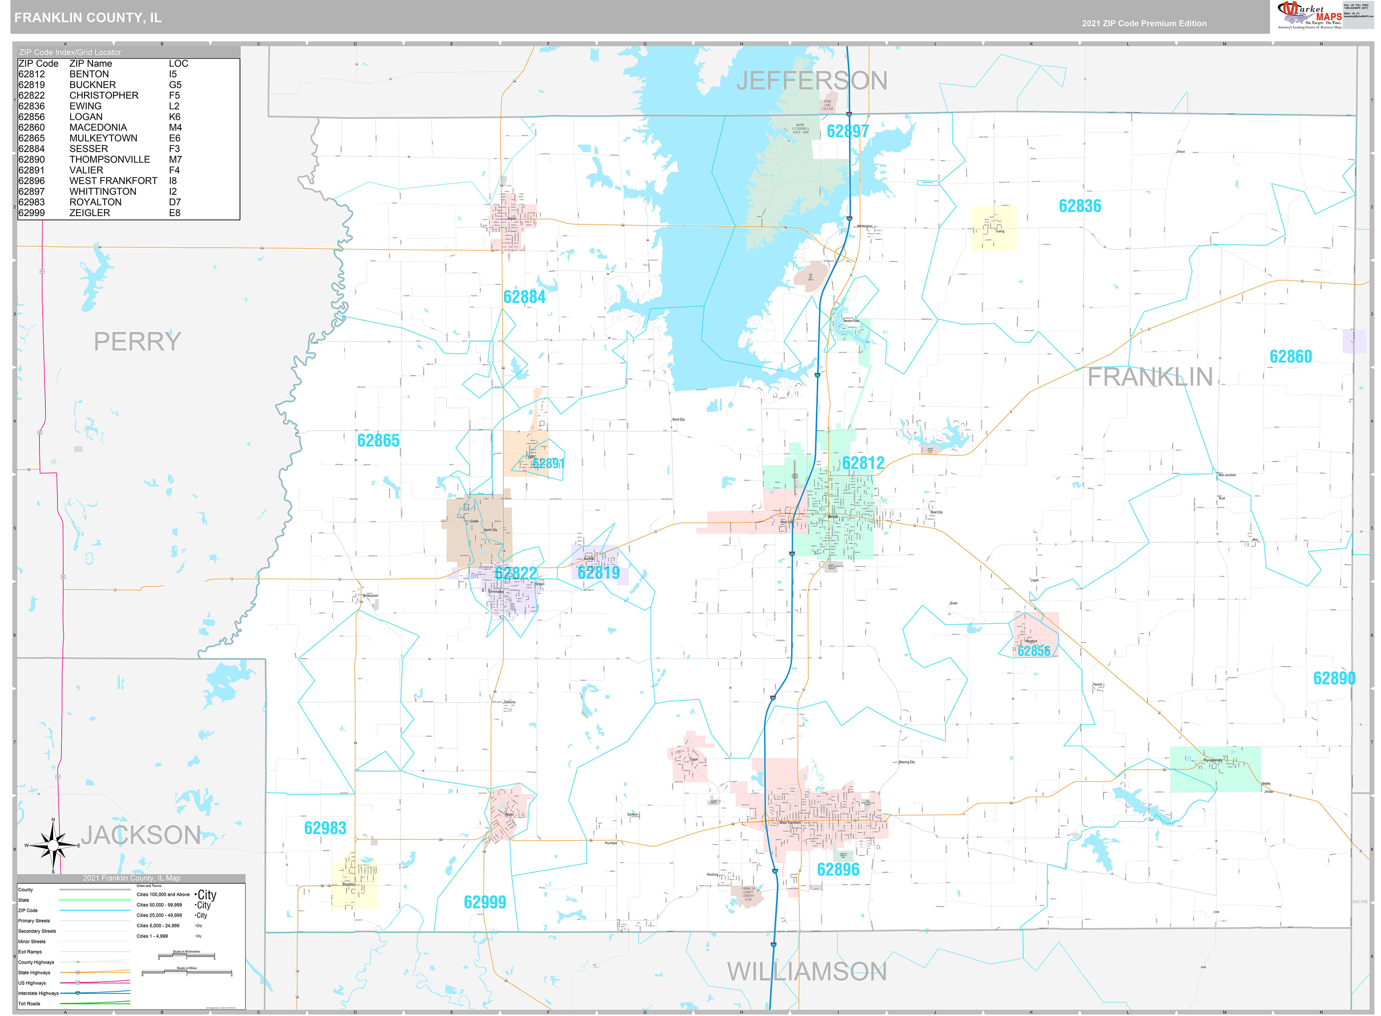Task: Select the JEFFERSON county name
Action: pos(811,80)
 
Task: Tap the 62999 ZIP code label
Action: pos(484,902)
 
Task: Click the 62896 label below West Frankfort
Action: pos(837,869)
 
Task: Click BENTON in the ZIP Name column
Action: pos(89,74)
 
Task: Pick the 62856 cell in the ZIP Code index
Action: pos(31,117)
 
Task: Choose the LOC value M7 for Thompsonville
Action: pos(176,159)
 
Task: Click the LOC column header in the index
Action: pos(178,63)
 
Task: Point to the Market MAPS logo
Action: pos(1309,15)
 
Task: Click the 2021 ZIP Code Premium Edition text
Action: pos(1144,23)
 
